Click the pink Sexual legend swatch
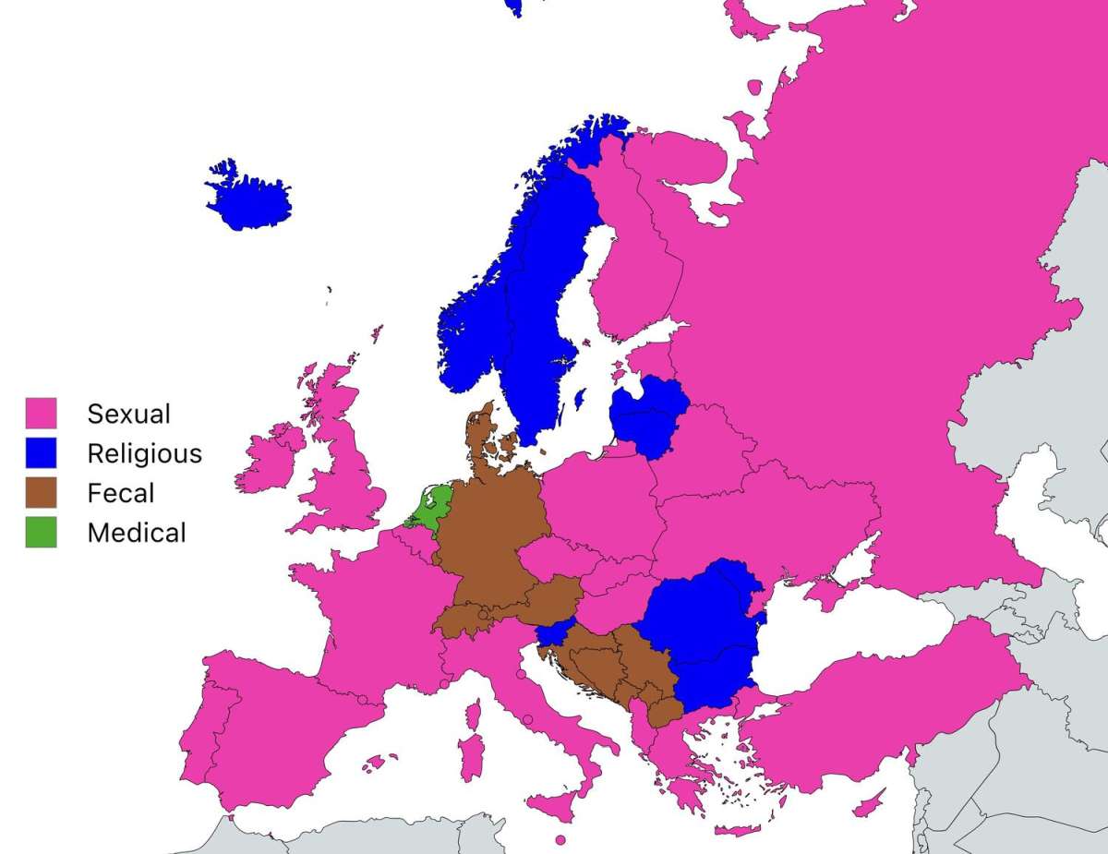[41, 413]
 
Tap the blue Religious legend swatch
[41, 452]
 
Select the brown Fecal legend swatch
[41, 492]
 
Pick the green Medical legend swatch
[41, 532]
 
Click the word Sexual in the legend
[128, 414]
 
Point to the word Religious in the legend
[144, 453]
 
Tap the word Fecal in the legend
[120, 493]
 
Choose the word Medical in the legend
[137, 533]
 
